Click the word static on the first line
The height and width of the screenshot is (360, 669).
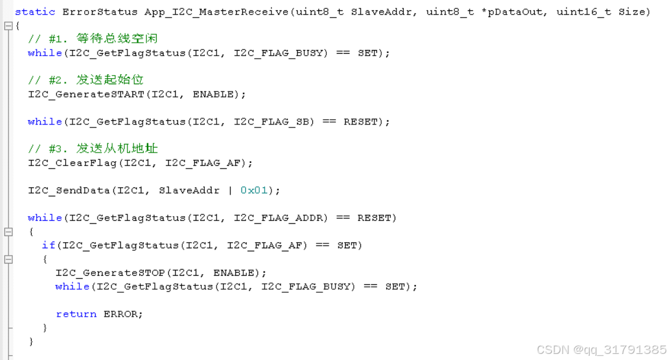click(x=35, y=12)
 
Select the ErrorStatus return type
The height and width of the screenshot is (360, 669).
click(x=100, y=12)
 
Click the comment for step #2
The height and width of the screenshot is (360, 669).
click(x=86, y=80)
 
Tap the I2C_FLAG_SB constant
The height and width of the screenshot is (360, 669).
click(x=274, y=121)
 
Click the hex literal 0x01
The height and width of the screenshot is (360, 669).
click(x=254, y=190)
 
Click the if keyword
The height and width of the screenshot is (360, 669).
click(x=48, y=245)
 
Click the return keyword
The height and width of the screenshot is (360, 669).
click(x=76, y=314)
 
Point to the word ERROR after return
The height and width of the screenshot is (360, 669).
click(x=122, y=314)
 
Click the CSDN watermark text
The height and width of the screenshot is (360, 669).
click(x=601, y=350)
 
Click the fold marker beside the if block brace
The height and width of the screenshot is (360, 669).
click(x=9, y=259)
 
